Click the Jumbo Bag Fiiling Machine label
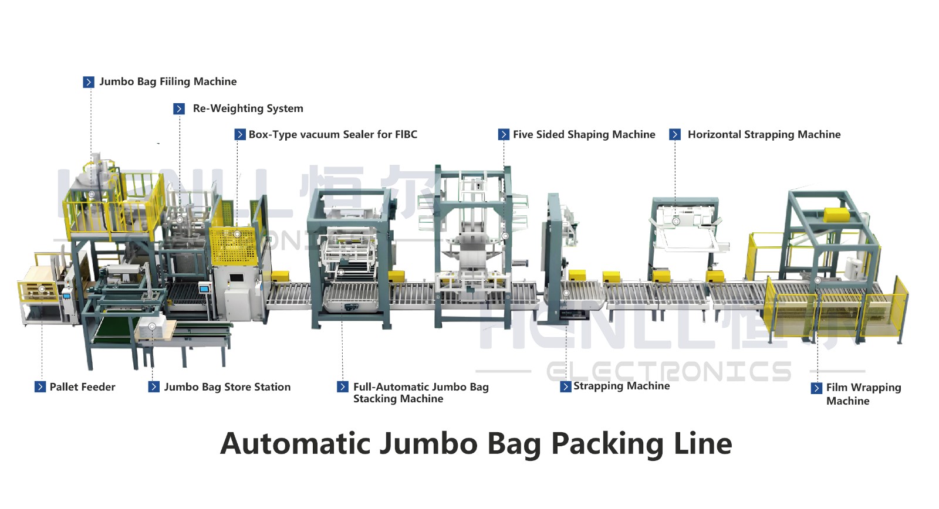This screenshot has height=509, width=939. (x=168, y=82)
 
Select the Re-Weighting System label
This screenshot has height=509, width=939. (x=248, y=108)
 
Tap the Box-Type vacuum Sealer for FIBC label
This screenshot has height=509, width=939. (x=333, y=134)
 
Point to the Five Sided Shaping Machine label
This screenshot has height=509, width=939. (x=584, y=134)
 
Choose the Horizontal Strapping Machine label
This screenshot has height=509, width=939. (x=764, y=134)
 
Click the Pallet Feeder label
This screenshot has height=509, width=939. (x=82, y=387)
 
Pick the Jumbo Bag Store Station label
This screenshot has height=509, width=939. (x=227, y=387)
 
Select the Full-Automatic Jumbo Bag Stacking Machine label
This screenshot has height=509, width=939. (x=420, y=393)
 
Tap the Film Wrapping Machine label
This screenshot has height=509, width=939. (x=863, y=394)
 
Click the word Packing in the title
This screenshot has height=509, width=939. (x=608, y=443)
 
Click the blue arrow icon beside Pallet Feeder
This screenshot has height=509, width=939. (x=40, y=387)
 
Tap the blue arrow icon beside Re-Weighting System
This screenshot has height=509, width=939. (x=179, y=109)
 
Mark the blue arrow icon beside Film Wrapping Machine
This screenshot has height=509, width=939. (x=816, y=388)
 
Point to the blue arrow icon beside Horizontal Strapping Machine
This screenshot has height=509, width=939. (x=675, y=135)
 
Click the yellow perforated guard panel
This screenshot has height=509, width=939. (x=234, y=247)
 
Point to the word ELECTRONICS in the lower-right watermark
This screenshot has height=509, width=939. (x=669, y=372)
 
